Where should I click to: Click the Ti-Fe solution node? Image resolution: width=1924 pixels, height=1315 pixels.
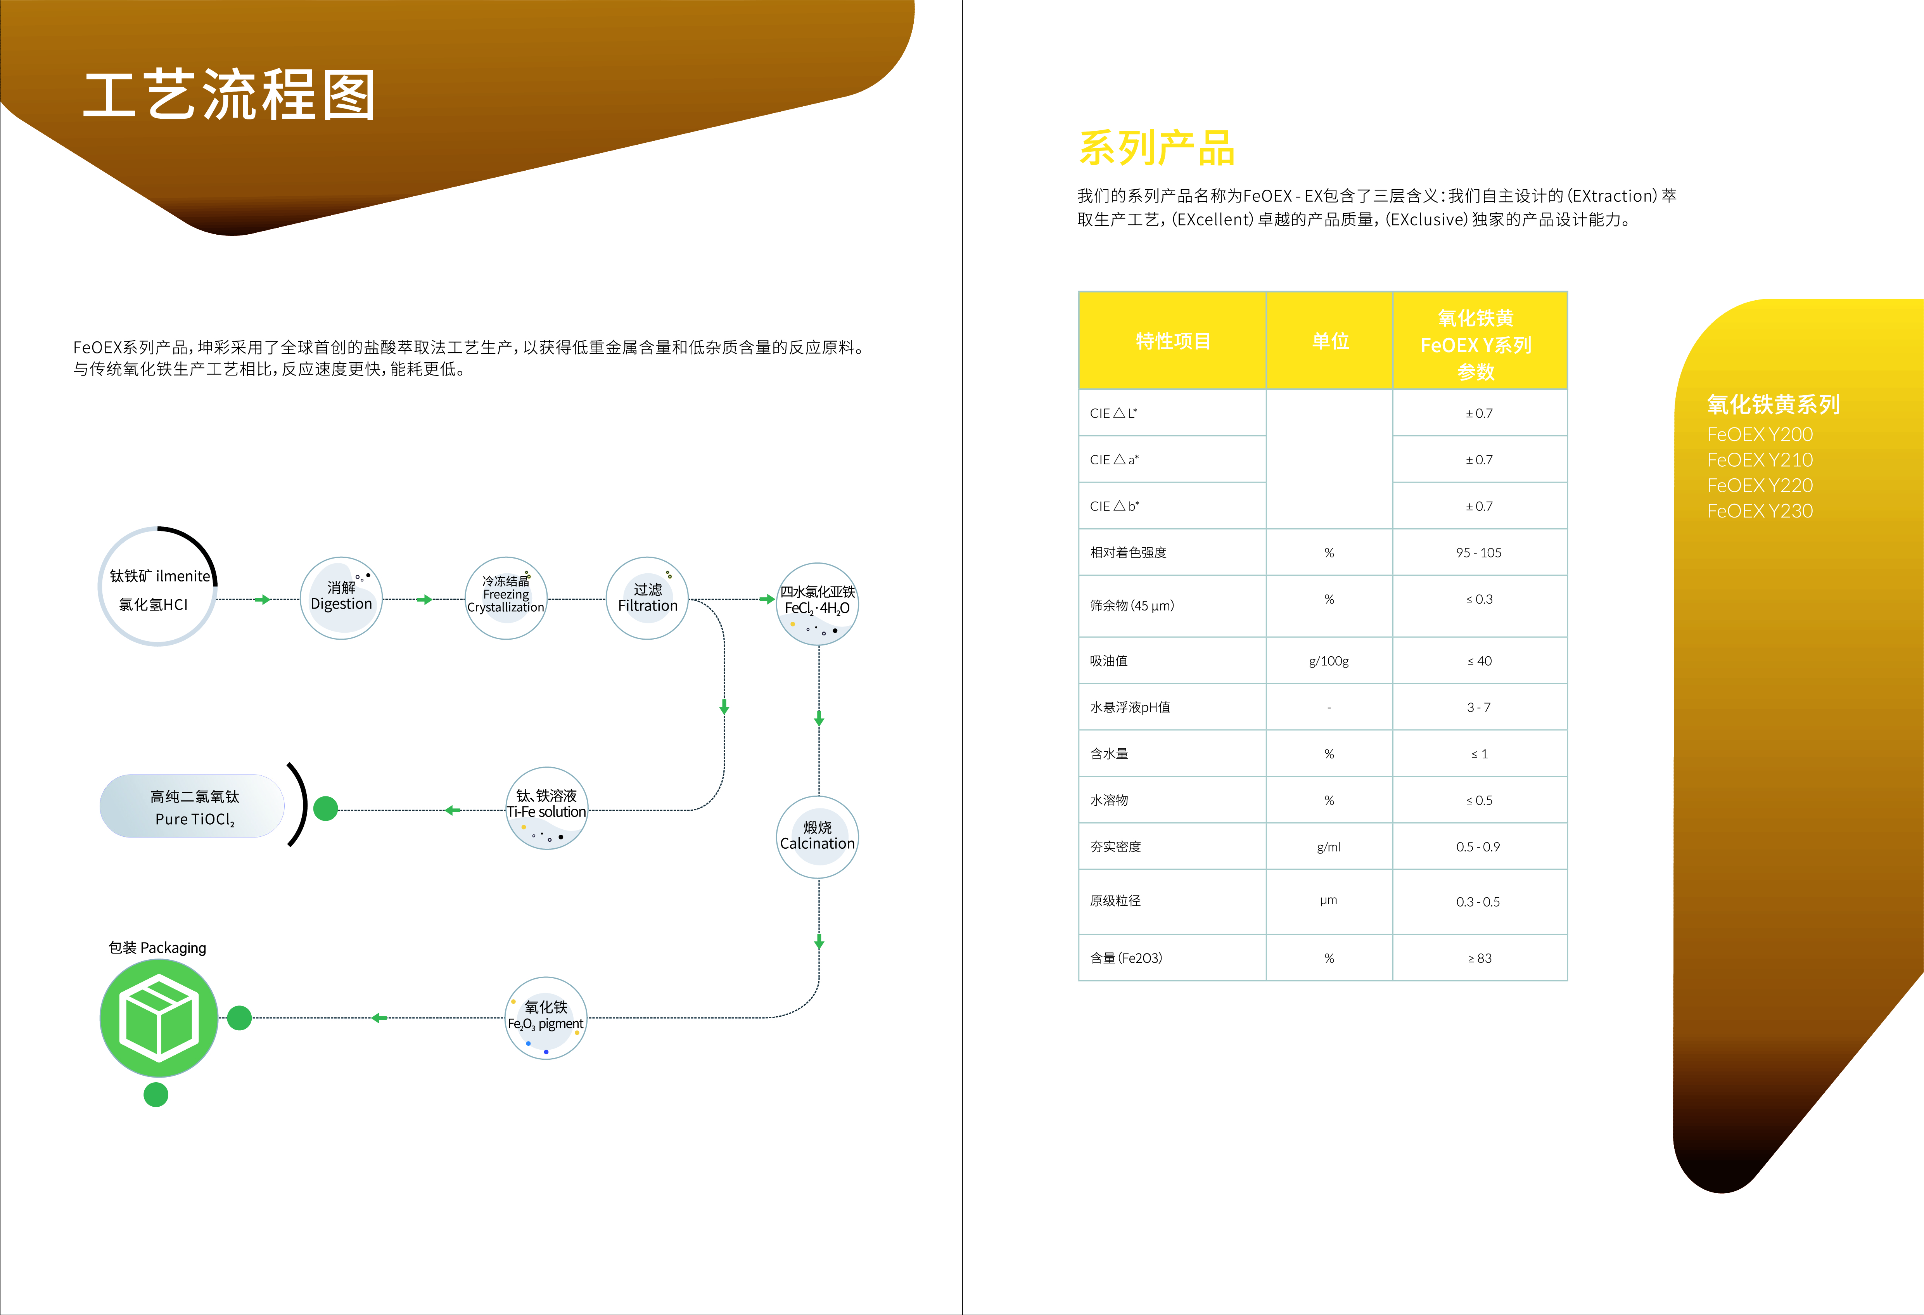point(546,807)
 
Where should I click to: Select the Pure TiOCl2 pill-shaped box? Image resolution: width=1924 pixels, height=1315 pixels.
point(193,806)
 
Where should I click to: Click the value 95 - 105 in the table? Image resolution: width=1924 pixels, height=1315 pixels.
point(1479,552)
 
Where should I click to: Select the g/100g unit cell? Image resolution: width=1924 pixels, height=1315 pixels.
point(1329,661)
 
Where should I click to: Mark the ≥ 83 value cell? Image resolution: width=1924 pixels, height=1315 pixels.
point(1480,958)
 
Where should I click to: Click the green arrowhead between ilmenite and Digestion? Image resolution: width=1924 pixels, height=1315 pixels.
point(263,600)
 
